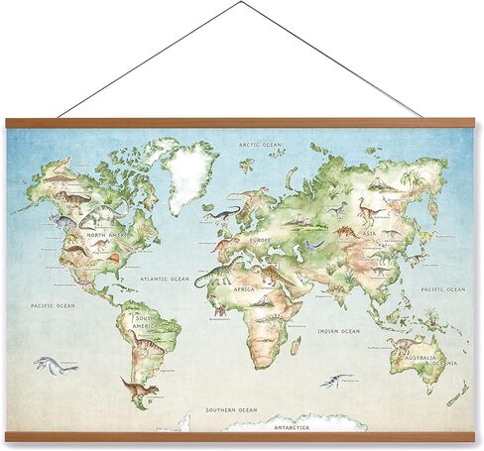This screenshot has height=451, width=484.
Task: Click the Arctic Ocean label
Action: pyautogui.click(x=260, y=145)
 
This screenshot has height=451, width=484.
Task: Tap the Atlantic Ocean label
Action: pyautogui.click(x=165, y=279)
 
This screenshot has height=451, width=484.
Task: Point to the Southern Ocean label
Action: pyautogui.click(x=230, y=409)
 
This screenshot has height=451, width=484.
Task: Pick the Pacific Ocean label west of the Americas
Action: pyautogui.click(x=52, y=306)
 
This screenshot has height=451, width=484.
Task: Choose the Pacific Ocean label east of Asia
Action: pyautogui.click(x=443, y=289)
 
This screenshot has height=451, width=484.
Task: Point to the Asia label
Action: pyautogui.click(x=370, y=234)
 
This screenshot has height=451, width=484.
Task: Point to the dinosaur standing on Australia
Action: pyautogui.click(x=404, y=347)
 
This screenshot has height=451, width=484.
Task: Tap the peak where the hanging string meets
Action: pyautogui.click(x=240, y=3)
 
